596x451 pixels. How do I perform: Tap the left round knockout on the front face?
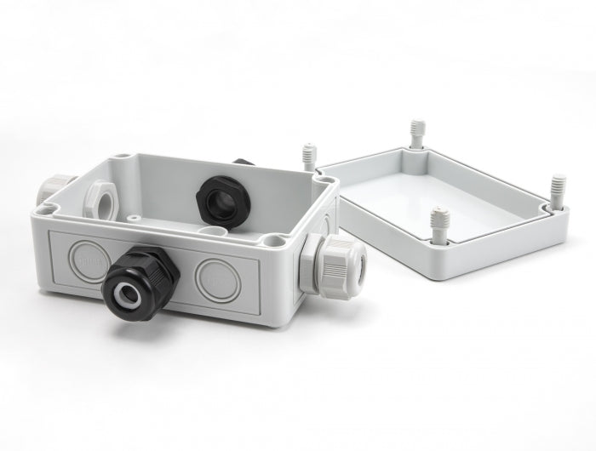click(x=89, y=257)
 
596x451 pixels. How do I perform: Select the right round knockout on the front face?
click(x=212, y=276)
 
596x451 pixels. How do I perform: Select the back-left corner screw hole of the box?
click(x=125, y=157)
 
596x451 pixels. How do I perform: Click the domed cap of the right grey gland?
click(x=352, y=259)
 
